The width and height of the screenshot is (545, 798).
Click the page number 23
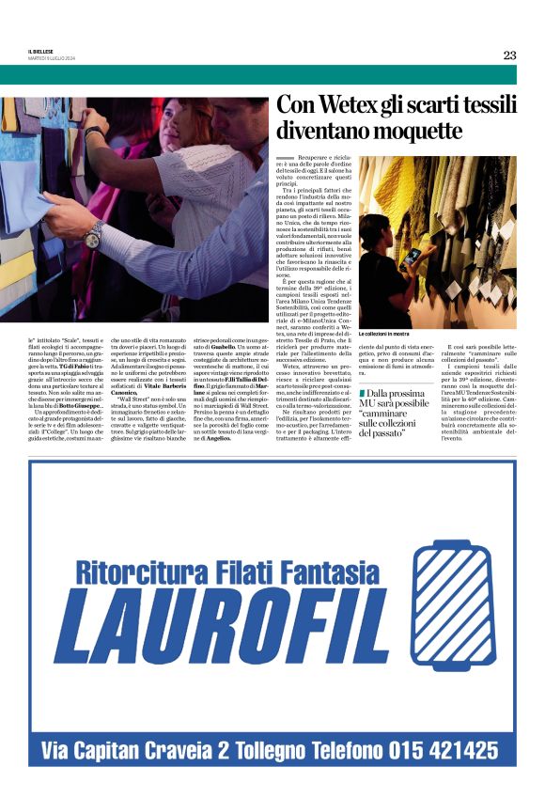(509, 55)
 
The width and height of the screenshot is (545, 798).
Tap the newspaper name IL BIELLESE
(42, 51)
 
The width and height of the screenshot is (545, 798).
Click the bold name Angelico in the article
(219, 439)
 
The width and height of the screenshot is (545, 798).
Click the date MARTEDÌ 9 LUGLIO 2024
(51, 58)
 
